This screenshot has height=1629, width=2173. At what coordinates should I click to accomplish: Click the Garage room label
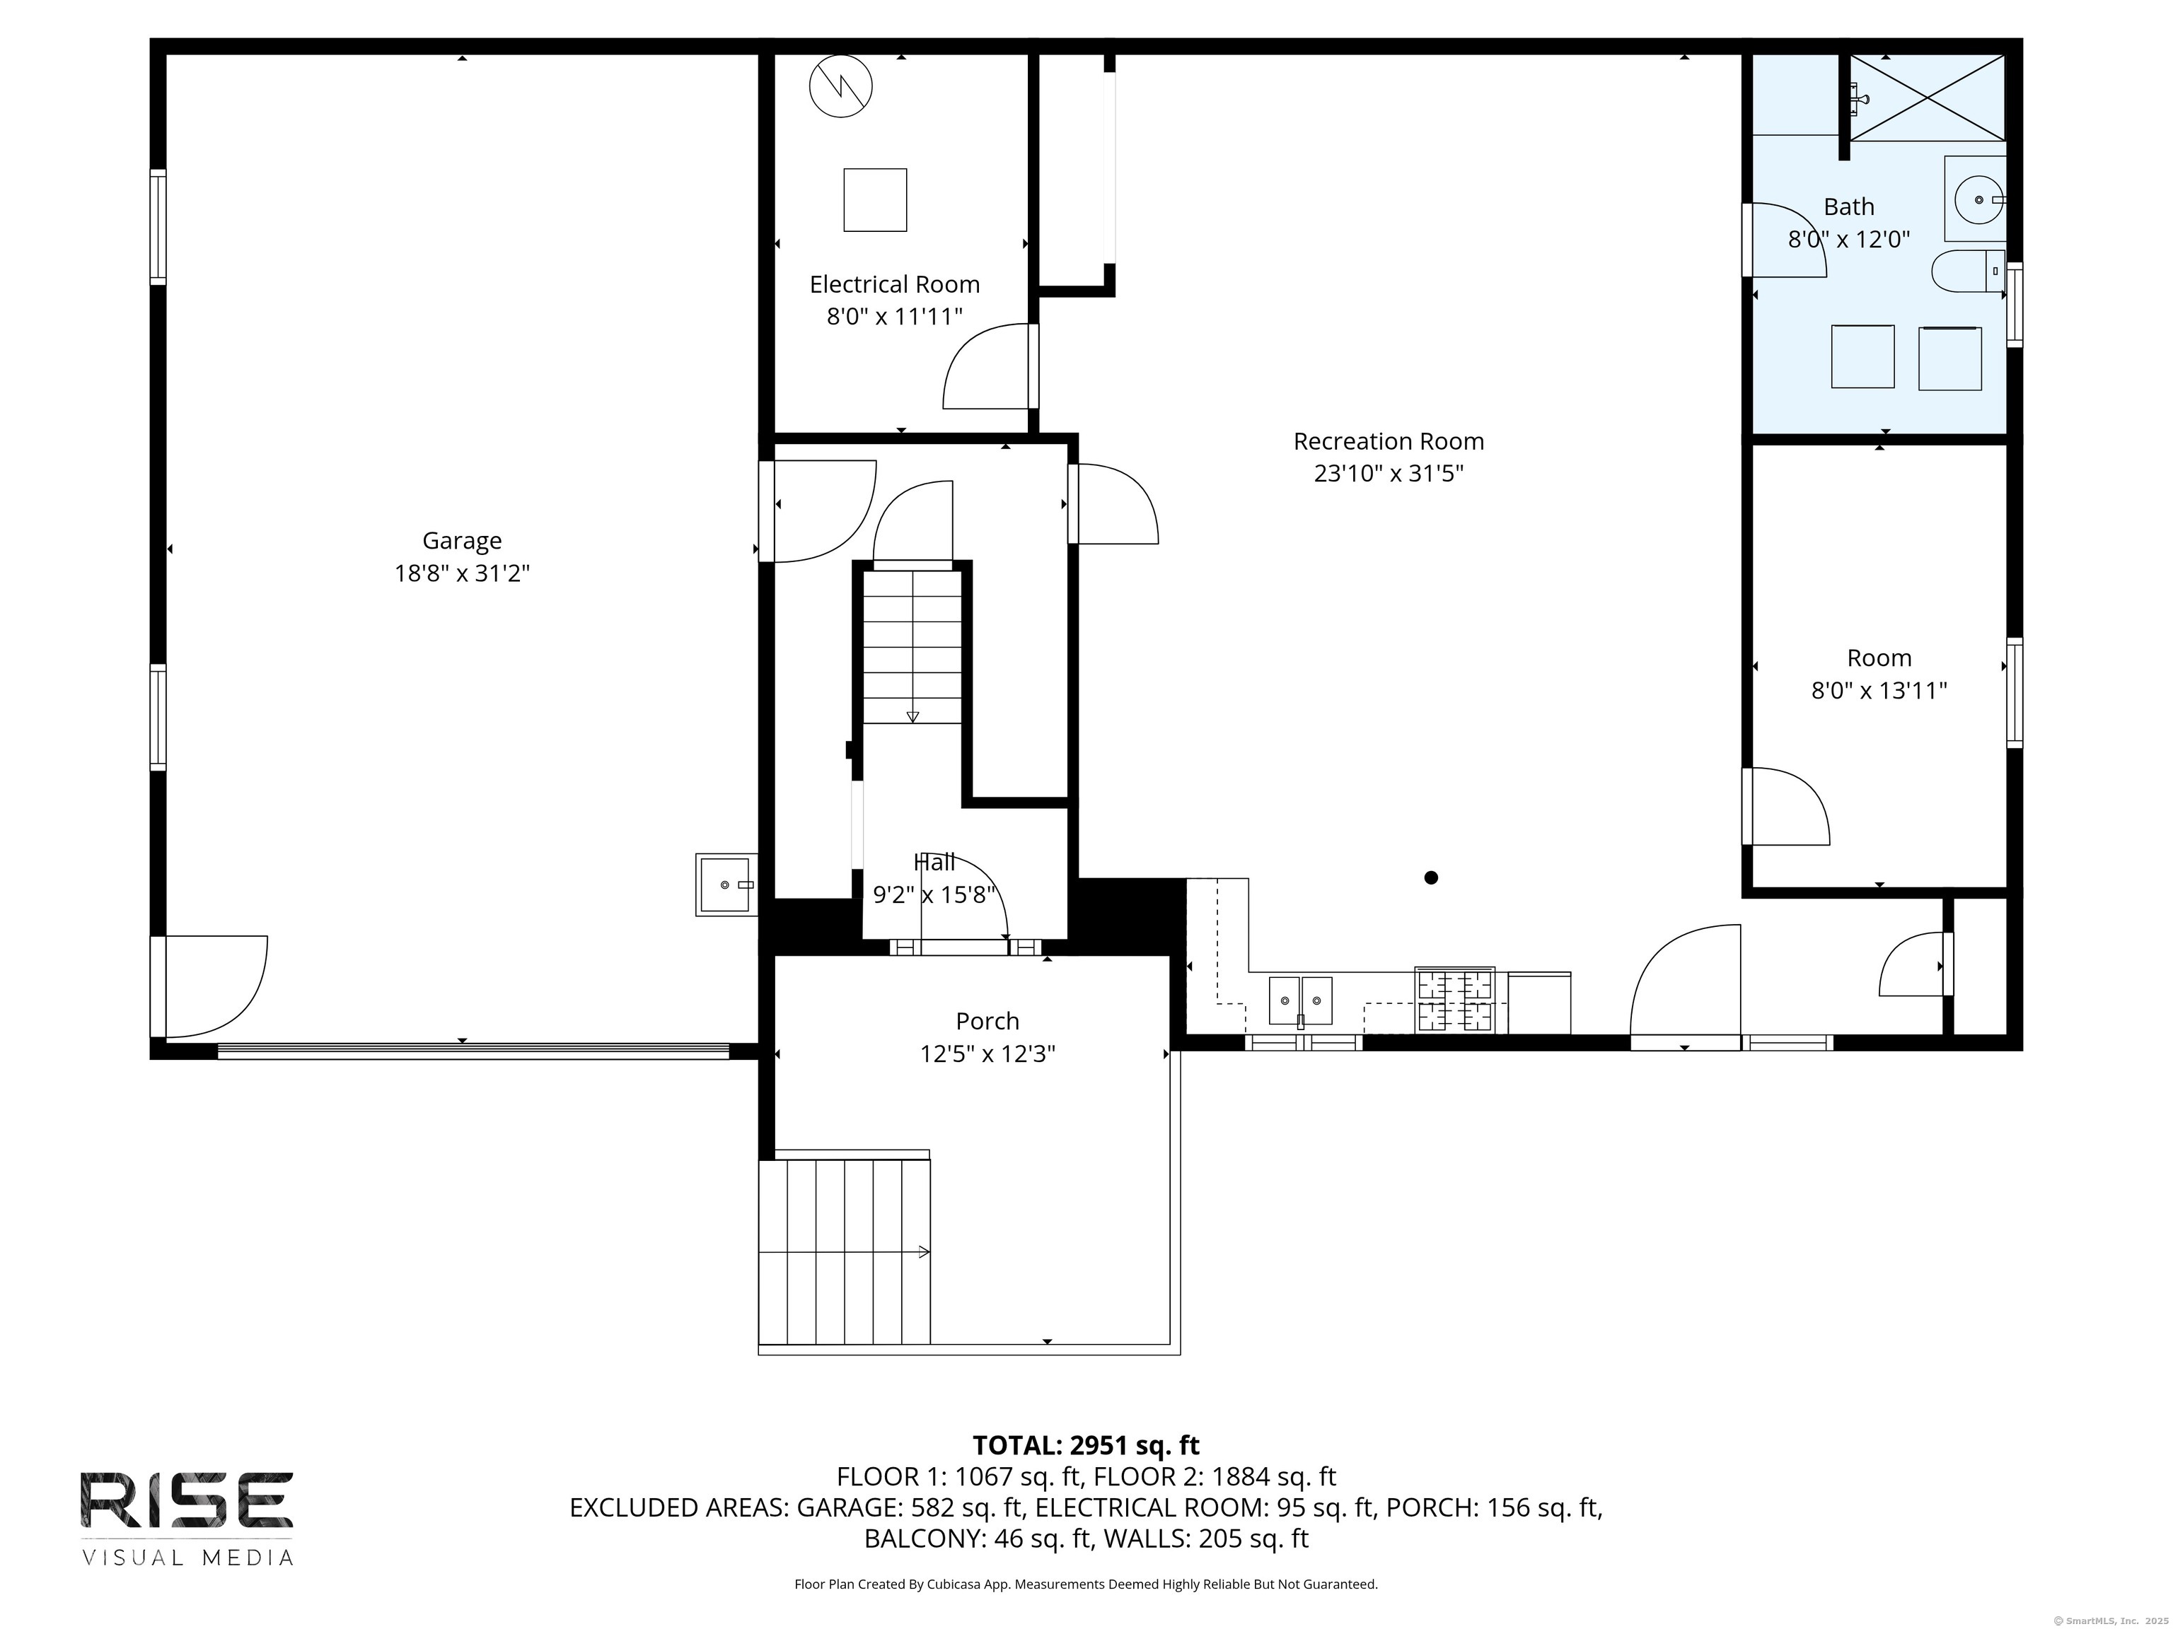tap(462, 541)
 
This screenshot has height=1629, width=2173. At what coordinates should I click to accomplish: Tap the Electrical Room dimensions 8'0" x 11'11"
tap(894, 316)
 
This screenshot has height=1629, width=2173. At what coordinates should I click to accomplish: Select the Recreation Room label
tap(1388, 442)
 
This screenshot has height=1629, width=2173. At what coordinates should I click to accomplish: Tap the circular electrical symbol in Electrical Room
tap(841, 86)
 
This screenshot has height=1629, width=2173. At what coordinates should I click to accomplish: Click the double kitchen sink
tap(1301, 1000)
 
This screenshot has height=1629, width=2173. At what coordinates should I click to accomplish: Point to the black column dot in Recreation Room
tap(1431, 878)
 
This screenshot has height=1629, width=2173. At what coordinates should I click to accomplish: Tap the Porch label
tap(987, 1021)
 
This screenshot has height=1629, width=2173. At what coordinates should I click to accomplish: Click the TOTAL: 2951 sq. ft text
tap(1086, 1445)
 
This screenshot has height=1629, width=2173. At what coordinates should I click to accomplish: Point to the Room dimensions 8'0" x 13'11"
tap(1878, 690)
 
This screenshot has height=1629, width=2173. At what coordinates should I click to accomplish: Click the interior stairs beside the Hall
tap(912, 646)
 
